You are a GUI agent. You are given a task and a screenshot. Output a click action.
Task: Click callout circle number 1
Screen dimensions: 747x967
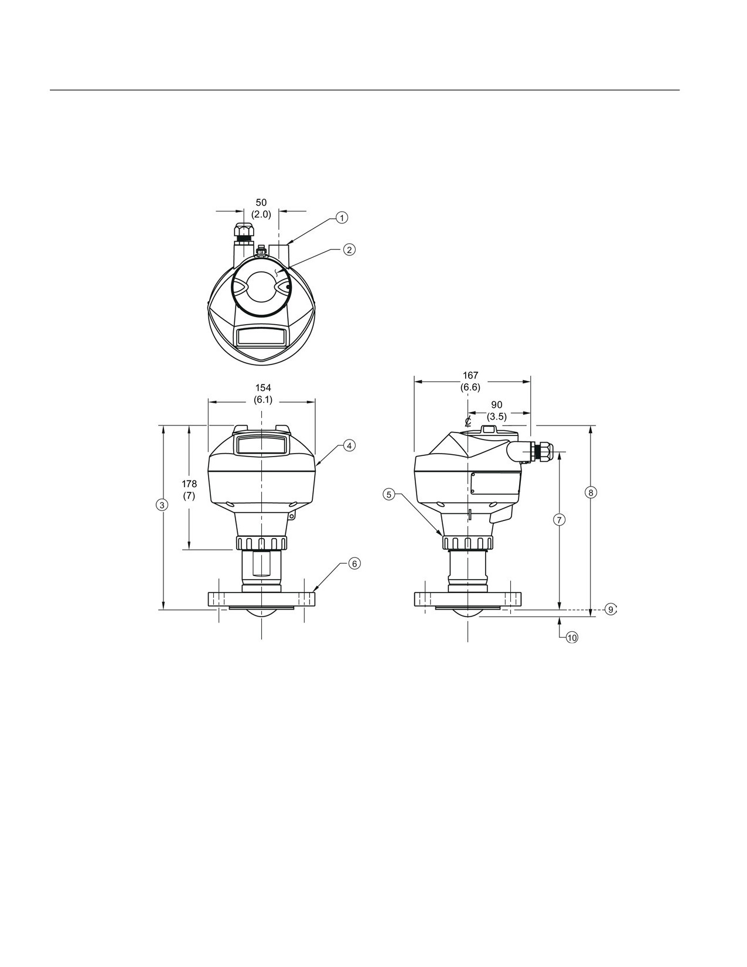click(342, 217)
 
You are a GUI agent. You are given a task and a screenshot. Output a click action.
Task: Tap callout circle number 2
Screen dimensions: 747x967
click(349, 250)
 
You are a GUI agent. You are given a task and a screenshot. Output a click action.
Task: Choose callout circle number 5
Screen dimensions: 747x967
click(389, 495)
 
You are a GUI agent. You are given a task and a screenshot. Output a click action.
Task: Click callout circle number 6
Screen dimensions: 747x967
click(354, 563)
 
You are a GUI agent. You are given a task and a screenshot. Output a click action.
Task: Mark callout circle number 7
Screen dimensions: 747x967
click(560, 519)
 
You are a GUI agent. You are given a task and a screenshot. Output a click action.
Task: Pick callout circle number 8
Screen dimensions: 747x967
click(591, 493)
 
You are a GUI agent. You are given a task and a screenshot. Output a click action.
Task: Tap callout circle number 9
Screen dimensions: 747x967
click(611, 610)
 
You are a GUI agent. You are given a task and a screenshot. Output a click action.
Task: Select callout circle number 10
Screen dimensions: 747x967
click(572, 638)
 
